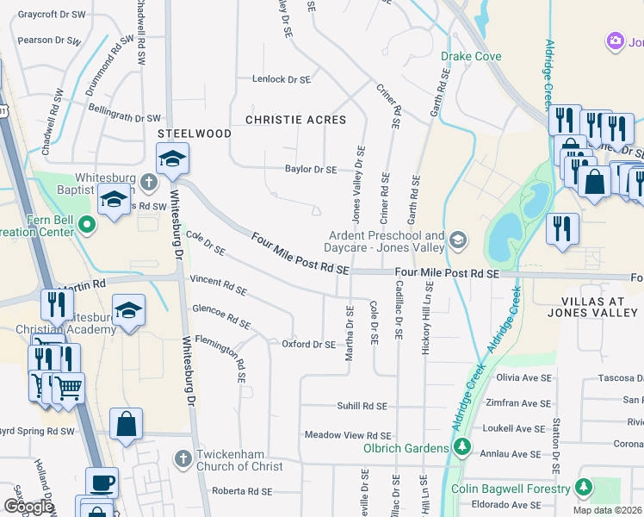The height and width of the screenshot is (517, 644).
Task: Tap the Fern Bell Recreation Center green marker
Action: (86, 226)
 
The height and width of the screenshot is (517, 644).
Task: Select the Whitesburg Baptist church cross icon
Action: (149, 182)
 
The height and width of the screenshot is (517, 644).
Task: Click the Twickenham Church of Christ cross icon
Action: (183, 459)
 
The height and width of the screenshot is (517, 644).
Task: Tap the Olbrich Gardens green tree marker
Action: (462, 447)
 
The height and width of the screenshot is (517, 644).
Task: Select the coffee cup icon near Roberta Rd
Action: (102, 482)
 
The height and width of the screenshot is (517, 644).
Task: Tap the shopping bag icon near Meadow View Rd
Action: (127, 424)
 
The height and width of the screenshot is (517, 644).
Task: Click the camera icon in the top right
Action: (615, 40)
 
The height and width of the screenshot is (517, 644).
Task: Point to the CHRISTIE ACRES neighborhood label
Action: (296, 120)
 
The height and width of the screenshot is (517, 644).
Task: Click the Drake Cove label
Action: (471, 57)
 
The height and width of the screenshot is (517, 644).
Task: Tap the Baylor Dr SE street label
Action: (311, 170)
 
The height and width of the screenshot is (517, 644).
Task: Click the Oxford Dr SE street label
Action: (308, 345)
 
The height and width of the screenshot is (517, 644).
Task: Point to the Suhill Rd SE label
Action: (361, 406)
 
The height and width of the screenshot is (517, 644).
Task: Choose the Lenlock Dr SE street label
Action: (281, 79)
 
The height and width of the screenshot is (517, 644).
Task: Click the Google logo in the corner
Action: (29, 507)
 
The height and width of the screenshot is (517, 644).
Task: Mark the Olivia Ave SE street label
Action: (522, 377)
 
